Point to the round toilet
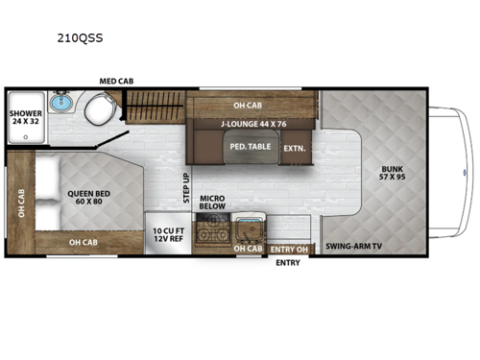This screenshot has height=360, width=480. pyautogui.click(x=97, y=112)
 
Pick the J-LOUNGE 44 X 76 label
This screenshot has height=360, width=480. pyautogui.click(x=253, y=123)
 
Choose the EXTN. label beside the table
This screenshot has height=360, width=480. pyautogui.click(x=294, y=148)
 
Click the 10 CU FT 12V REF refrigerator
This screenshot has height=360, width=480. pyautogui.click(x=169, y=236)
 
